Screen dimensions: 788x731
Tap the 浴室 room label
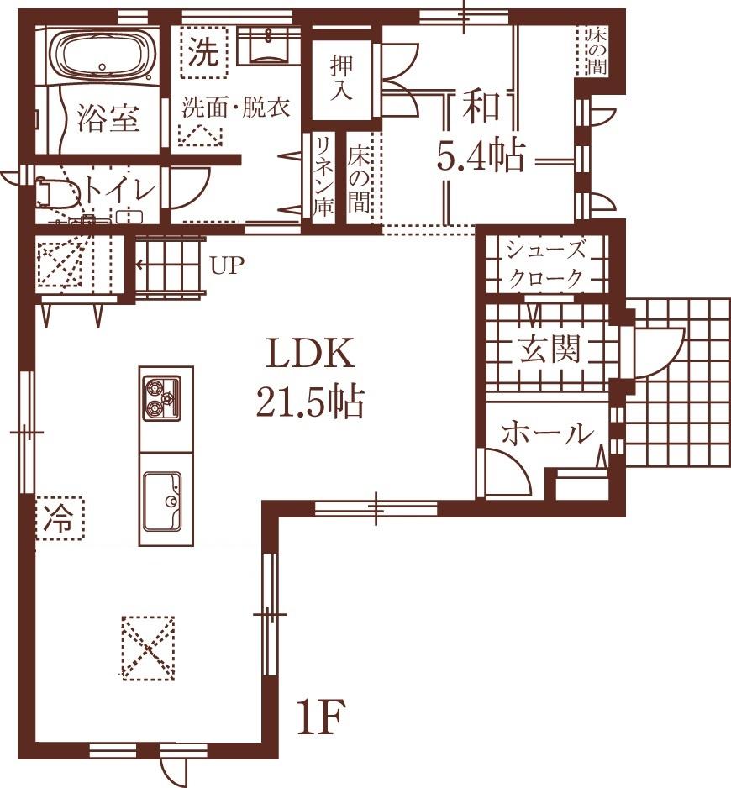click(108, 118)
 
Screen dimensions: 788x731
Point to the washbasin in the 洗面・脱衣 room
click(270, 46)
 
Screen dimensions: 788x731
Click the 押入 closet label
click(341, 78)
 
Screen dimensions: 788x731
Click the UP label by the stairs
click(227, 266)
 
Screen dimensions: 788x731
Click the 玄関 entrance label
click(549, 349)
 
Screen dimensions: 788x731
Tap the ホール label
click(547, 434)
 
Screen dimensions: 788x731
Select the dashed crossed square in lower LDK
click(149, 647)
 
